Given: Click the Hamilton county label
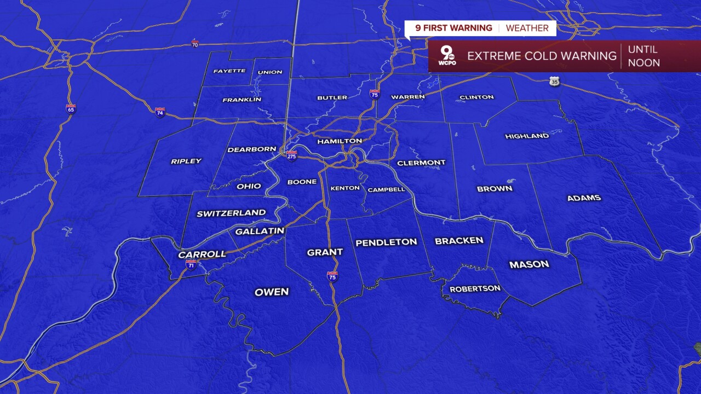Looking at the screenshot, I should click(x=340, y=141).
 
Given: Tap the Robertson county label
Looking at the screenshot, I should click(x=475, y=288).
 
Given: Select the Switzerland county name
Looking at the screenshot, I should click(x=231, y=213).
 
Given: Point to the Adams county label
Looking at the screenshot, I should click(x=584, y=198).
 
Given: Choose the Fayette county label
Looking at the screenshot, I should click(x=229, y=71).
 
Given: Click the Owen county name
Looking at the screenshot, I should click(x=272, y=292).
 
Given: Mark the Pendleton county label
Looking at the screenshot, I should click(x=386, y=242).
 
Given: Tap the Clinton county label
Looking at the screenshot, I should click(x=476, y=97).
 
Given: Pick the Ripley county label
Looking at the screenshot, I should click(x=186, y=161).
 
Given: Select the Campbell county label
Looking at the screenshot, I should click(x=386, y=189).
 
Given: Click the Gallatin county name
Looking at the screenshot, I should click(x=260, y=231).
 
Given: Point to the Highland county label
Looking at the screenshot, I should click(x=526, y=136).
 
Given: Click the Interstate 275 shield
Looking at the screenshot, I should click(x=292, y=156).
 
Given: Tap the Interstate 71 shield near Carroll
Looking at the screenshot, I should click(x=191, y=265).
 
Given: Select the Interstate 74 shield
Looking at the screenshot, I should click(x=160, y=112).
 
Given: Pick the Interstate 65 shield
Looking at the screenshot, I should click(x=71, y=108).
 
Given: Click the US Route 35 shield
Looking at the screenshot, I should click(x=555, y=82).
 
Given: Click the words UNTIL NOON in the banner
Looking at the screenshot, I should click(x=643, y=56).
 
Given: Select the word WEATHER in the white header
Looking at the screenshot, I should click(x=527, y=28).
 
